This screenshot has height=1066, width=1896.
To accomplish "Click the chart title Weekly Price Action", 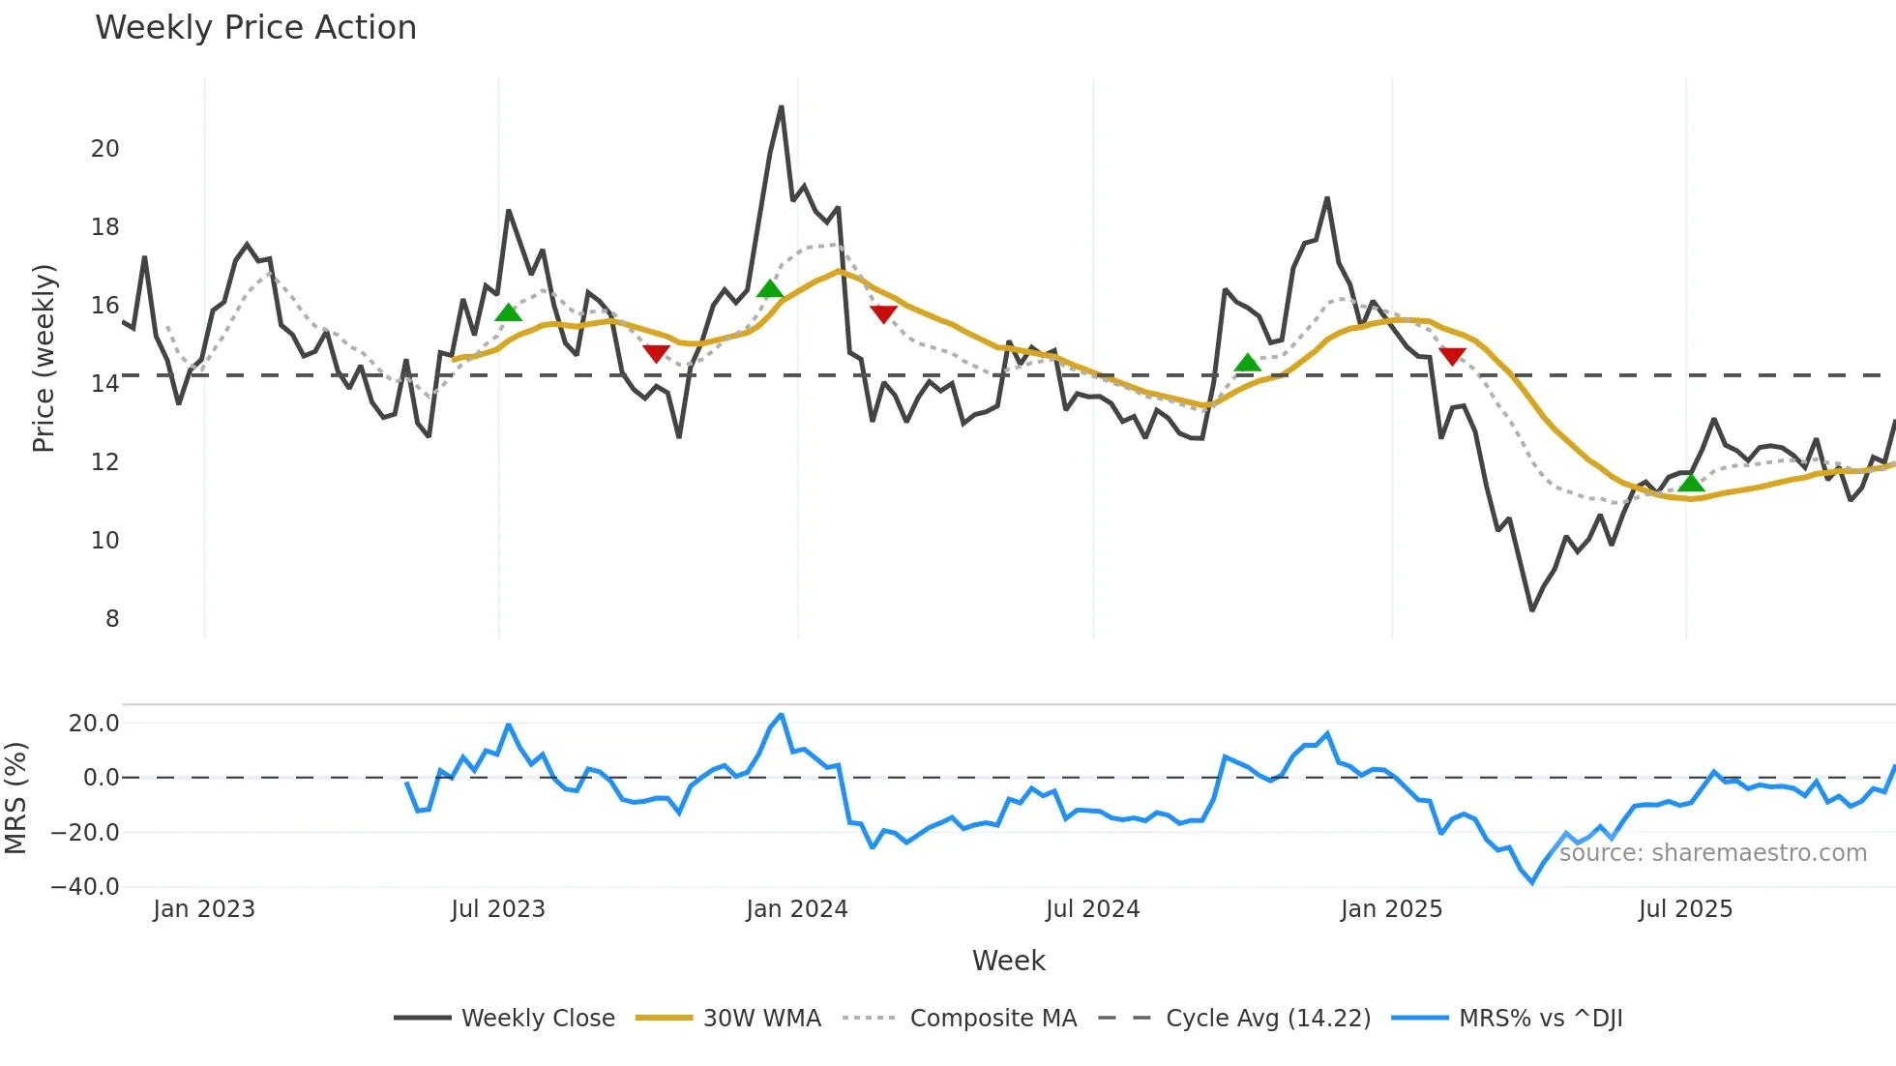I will pos(255,27).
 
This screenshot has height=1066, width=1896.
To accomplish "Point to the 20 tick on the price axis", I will pos(104,148).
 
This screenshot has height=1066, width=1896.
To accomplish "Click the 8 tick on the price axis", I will pos(112,618).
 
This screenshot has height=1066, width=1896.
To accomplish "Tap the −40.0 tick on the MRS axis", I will pos(85,886).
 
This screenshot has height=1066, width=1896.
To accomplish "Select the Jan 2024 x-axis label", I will pos(796,909).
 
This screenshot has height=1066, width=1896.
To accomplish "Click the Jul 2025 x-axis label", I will pos(1685,909).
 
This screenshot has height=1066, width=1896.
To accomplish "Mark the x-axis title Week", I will pos(1008,961).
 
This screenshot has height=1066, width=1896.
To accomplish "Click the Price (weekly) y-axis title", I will pos(44,358).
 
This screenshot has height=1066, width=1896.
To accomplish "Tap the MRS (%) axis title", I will pos(15,798).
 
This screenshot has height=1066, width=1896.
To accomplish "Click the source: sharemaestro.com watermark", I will pos(1712,853).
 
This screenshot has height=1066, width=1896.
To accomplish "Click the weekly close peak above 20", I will pos(782,107).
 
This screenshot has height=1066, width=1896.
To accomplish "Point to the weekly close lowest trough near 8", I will pos(1531,609).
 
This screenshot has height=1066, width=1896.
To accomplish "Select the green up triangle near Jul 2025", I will pos(1691,483).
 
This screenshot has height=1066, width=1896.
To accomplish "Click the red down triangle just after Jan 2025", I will pos(1452,356).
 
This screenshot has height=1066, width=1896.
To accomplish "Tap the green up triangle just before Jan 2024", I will pos(770,288).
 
